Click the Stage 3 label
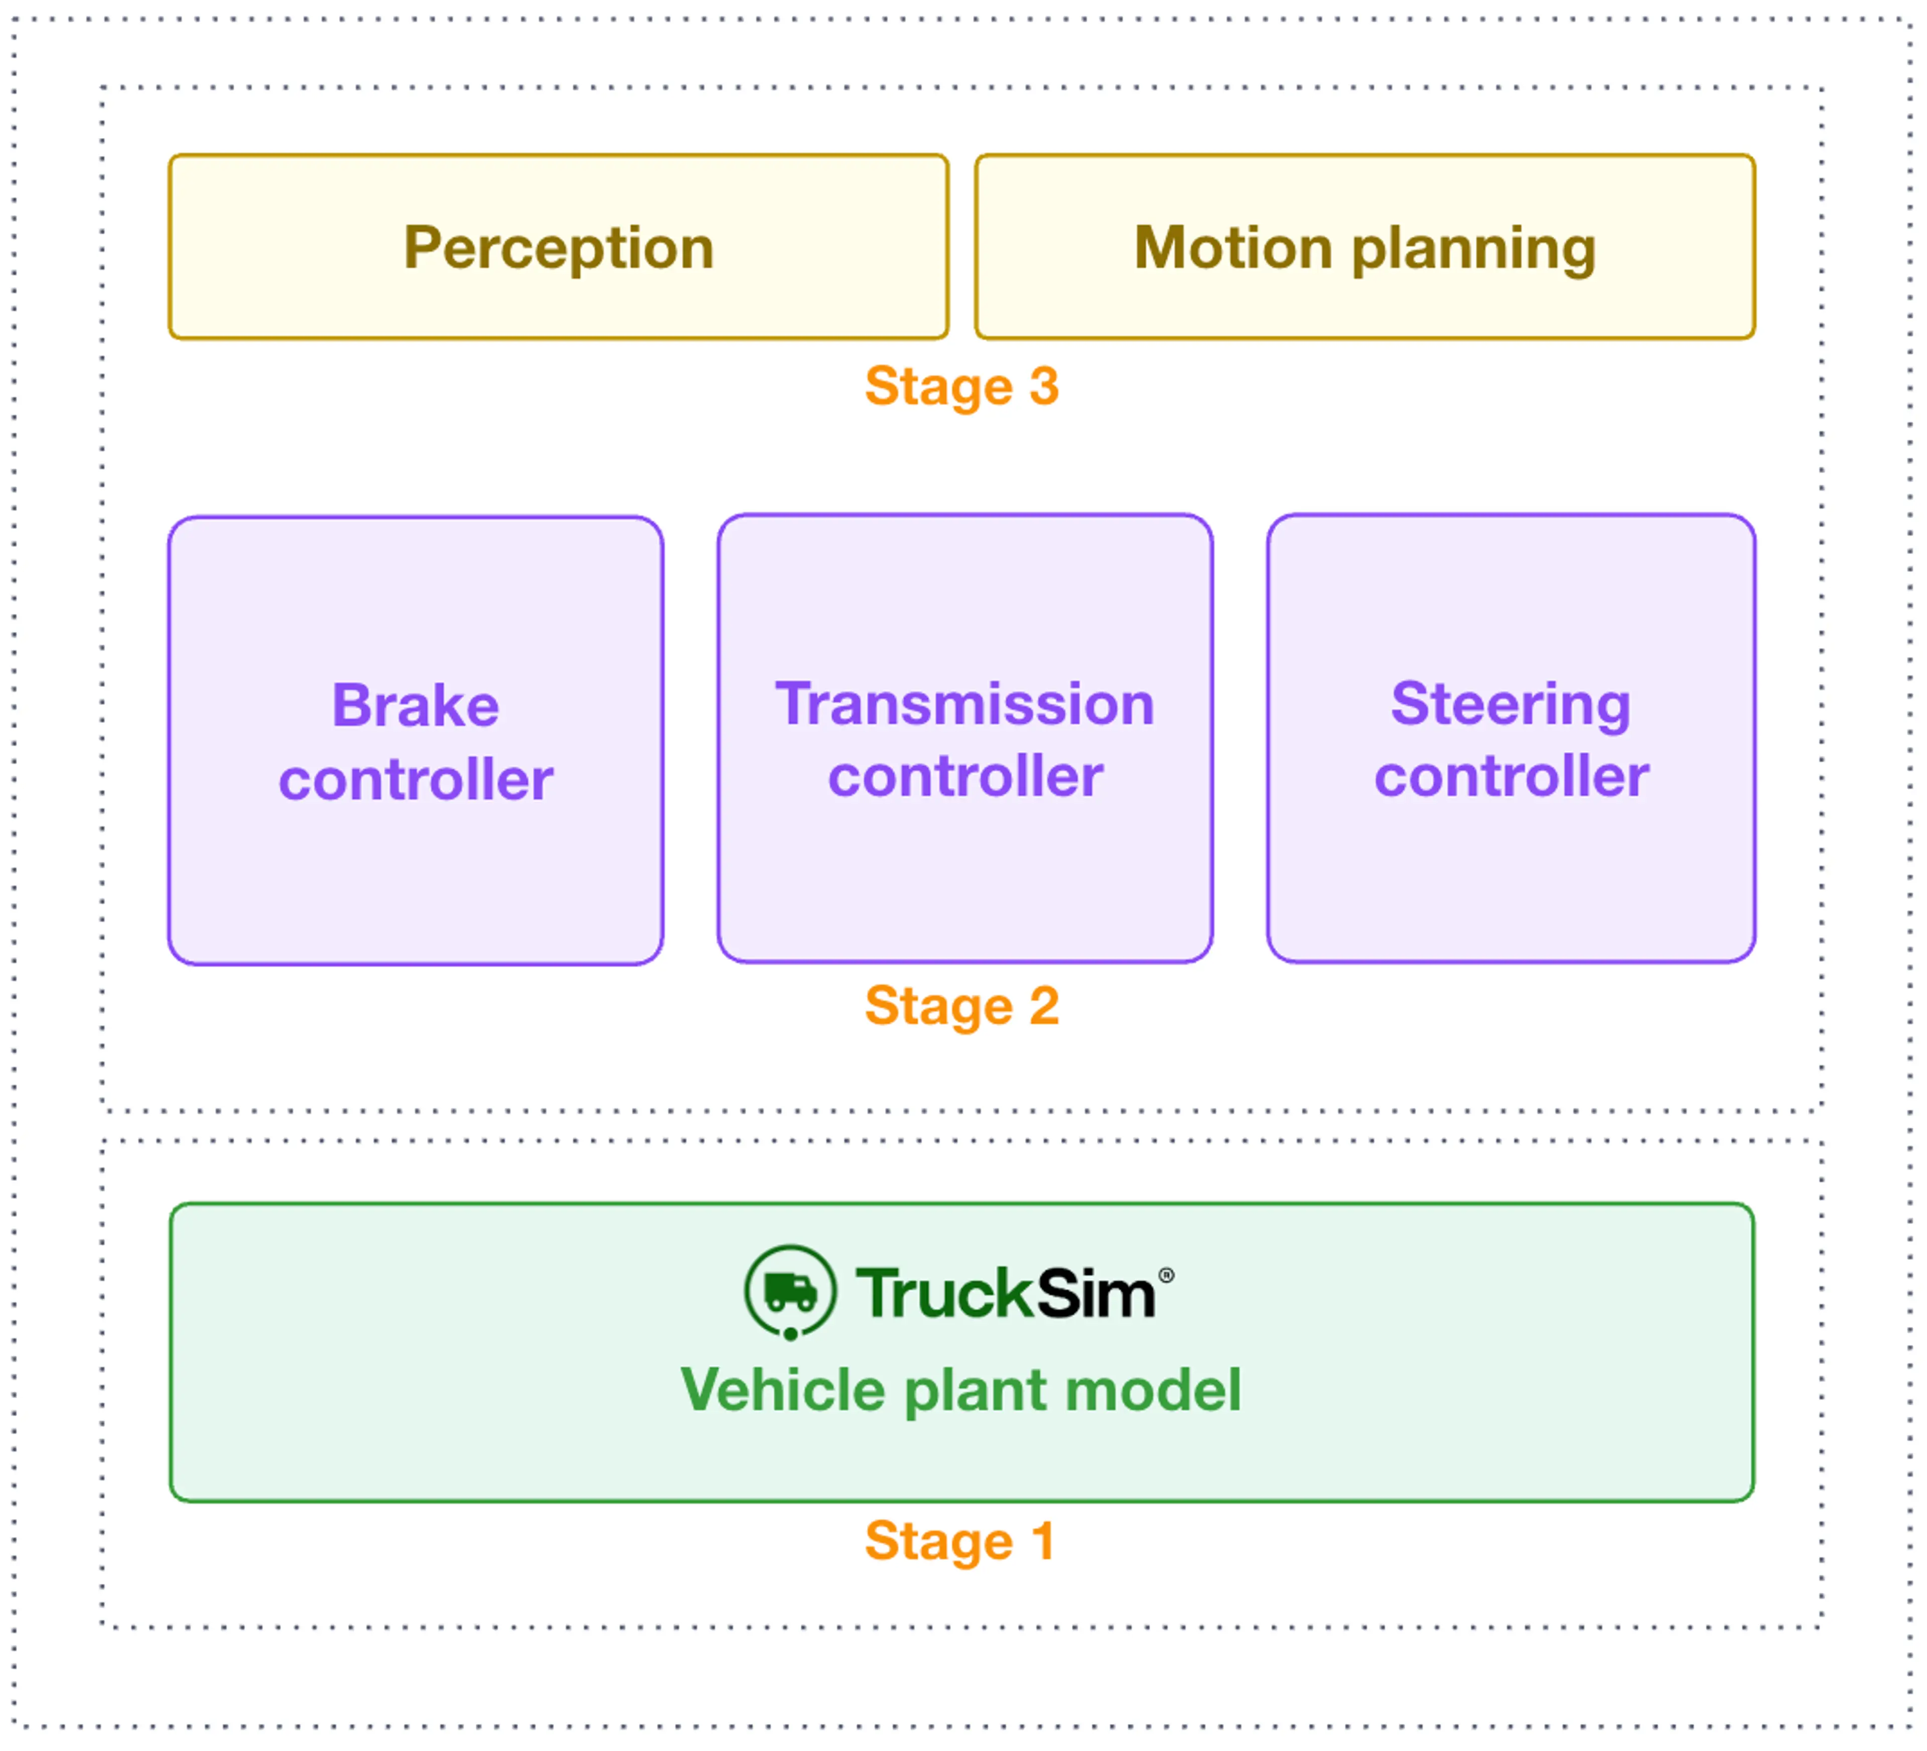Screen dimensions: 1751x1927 (961, 386)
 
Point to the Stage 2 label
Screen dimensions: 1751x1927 (961, 1006)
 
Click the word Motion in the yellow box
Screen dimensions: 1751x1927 (1233, 248)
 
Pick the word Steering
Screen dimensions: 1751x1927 (1510, 706)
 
